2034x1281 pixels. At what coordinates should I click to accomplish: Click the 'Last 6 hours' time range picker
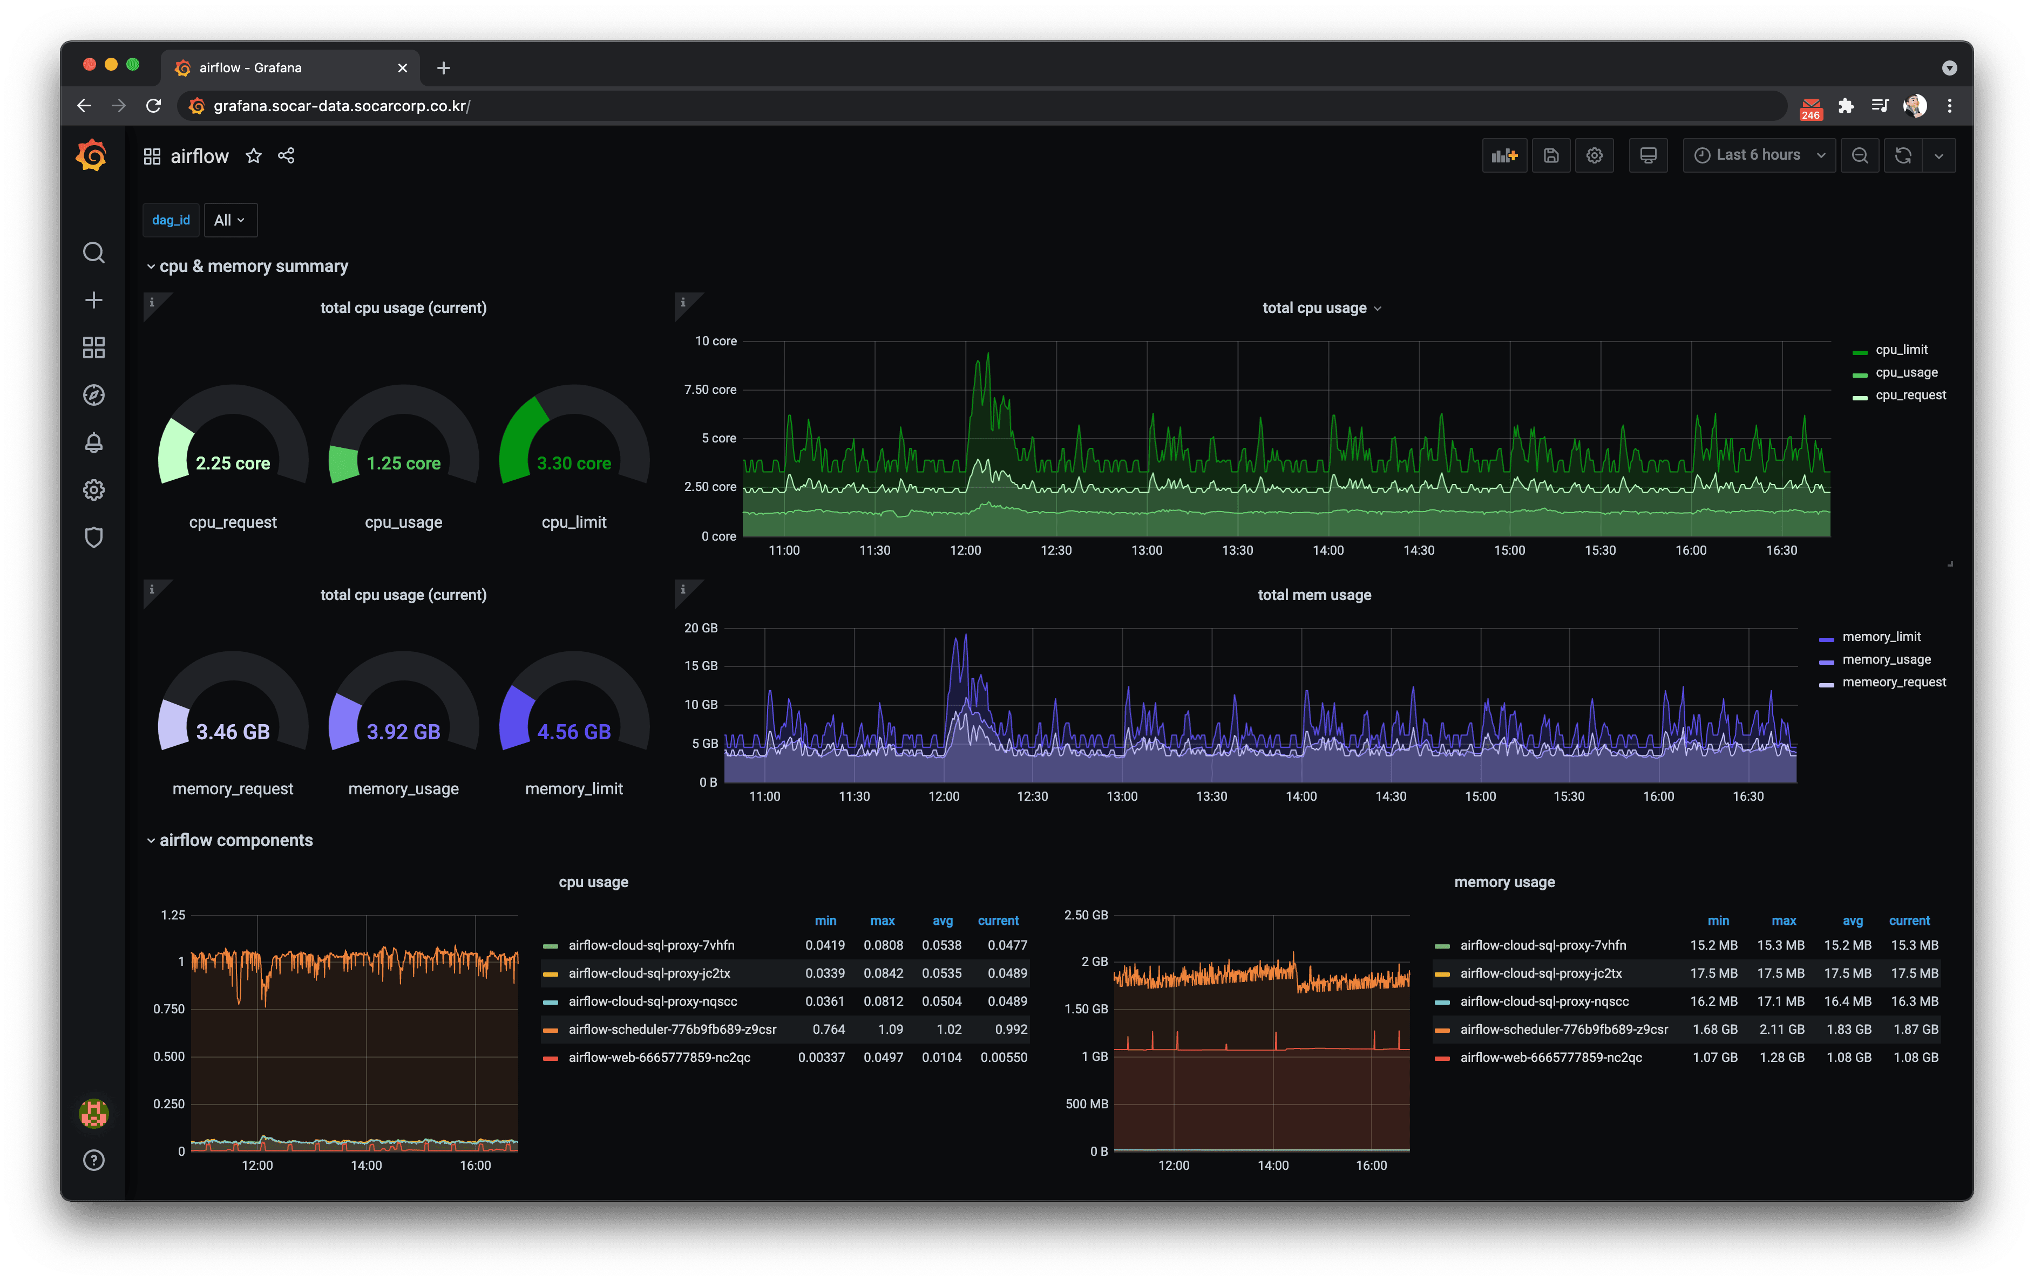click(1759, 155)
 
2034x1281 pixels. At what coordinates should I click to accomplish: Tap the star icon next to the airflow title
click(253, 156)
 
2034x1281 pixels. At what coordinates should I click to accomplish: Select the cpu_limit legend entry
click(1901, 350)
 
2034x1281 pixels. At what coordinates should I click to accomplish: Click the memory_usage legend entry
click(1886, 659)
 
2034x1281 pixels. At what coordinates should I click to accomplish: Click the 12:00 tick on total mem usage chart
click(944, 796)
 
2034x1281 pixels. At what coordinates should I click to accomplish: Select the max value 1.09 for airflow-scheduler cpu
click(890, 1030)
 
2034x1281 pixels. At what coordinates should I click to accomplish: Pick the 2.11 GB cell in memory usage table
click(1781, 1030)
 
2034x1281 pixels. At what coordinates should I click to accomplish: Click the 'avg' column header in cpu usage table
click(943, 921)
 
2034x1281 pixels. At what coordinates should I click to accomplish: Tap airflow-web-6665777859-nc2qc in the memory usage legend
click(1551, 1057)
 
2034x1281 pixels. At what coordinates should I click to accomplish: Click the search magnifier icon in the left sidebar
click(94, 253)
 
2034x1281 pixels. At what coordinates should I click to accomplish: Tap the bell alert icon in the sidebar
click(94, 442)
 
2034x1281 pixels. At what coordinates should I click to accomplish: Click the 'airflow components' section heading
click(236, 840)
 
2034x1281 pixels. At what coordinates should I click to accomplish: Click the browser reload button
click(153, 106)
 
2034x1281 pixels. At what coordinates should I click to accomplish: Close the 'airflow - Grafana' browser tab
click(402, 67)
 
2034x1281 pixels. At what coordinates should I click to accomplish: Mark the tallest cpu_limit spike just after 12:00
click(987, 354)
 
